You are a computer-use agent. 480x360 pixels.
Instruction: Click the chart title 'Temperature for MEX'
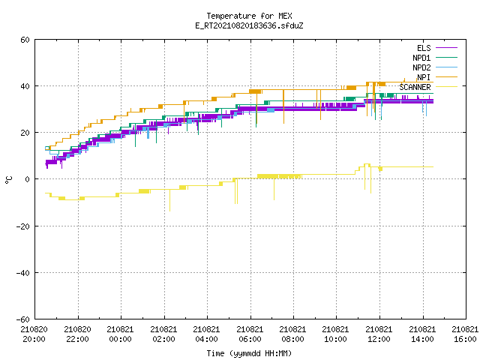pyautogui.click(x=249, y=16)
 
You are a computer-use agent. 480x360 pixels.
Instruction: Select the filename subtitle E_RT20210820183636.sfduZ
pyautogui.click(x=249, y=25)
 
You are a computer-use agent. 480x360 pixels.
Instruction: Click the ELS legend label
pyautogui.click(x=424, y=48)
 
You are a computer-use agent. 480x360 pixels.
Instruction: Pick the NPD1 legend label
pyautogui.click(x=421, y=58)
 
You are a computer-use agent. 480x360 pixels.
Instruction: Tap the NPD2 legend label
pyautogui.click(x=421, y=67)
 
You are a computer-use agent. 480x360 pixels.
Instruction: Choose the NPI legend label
pyautogui.click(x=424, y=77)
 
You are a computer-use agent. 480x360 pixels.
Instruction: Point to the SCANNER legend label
pyautogui.click(x=415, y=87)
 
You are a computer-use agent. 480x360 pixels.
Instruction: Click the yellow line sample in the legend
pyautogui.click(x=446, y=87)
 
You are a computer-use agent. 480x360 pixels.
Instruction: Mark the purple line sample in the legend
pyautogui.click(x=446, y=48)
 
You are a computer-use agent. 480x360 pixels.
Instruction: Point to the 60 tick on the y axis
pyautogui.click(x=25, y=40)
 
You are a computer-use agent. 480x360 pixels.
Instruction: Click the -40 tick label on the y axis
pyautogui.click(x=23, y=273)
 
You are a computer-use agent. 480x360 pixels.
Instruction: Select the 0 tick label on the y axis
pyautogui.click(x=28, y=179)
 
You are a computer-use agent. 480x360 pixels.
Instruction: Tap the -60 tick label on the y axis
pyautogui.click(x=23, y=319)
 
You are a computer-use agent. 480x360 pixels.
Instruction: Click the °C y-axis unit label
pyautogui.click(x=8, y=180)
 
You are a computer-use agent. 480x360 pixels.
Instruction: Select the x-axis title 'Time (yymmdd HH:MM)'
pyautogui.click(x=249, y=353)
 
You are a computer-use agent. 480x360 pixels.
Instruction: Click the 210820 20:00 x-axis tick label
pyautogui.click(x=34, y=334)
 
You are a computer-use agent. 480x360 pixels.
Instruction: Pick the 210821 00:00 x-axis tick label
pyautogui.click(x=120, y=334)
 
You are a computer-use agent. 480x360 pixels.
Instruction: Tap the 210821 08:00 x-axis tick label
pyautogui.click(x=292, y=334)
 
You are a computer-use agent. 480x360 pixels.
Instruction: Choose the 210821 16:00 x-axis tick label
pyautogui.click(x=465, y=334)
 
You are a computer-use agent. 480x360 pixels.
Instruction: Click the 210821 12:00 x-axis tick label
pyautogui.click(x=379, y=334)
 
